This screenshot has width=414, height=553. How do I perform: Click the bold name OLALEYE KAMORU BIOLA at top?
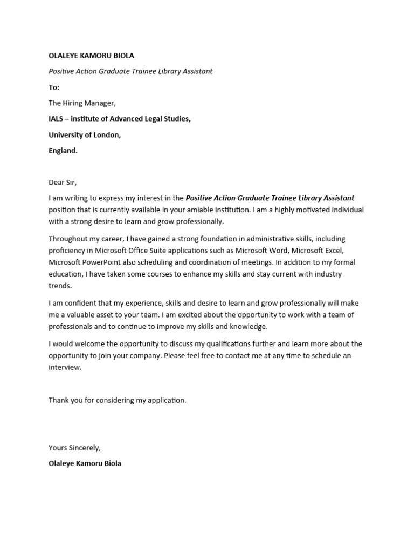(x=91, y=56)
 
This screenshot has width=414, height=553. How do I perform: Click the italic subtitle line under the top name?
(x=130, y=71)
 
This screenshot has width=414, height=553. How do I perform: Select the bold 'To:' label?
(x=54, y=87)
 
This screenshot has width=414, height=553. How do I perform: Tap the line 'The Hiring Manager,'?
(x=82, y=103)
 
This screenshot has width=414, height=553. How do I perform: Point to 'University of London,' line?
(x=85, y=135)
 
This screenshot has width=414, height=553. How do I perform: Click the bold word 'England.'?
(x=63, y=151)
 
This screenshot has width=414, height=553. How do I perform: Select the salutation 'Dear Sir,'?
(x=63, y=183)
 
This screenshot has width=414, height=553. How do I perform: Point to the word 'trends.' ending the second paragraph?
(x=60, y=286)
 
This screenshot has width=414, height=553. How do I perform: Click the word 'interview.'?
(x=65, y=367)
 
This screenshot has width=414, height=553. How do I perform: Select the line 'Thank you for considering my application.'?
(x=117, y=400)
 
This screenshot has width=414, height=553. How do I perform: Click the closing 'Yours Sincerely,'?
(x=74, y=448)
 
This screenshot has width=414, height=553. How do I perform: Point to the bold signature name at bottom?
(x=85, y=463)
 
